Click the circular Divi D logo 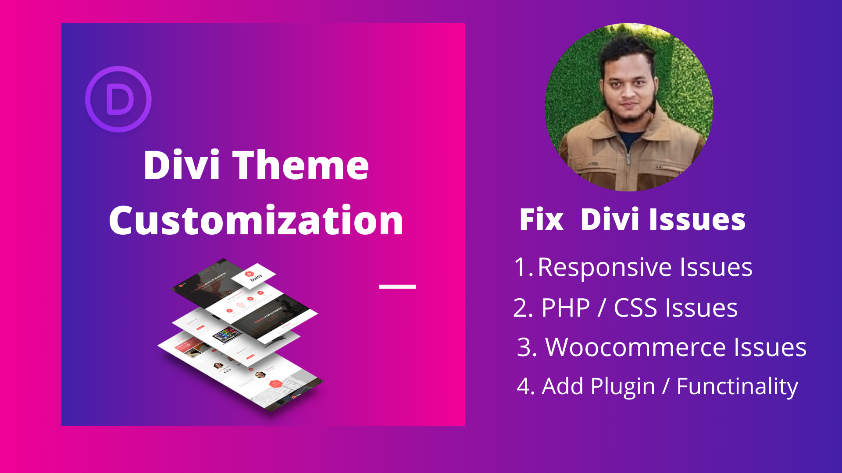click(118, 99)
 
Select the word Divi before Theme click(182, 165)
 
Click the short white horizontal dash click(397, 287)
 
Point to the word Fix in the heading click(541, 219)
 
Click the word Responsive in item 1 click(604, 267)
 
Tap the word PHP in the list click(566, 308)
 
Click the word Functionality click(737, 387)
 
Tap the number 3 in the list click(527, 348)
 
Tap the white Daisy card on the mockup click(253, 276)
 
